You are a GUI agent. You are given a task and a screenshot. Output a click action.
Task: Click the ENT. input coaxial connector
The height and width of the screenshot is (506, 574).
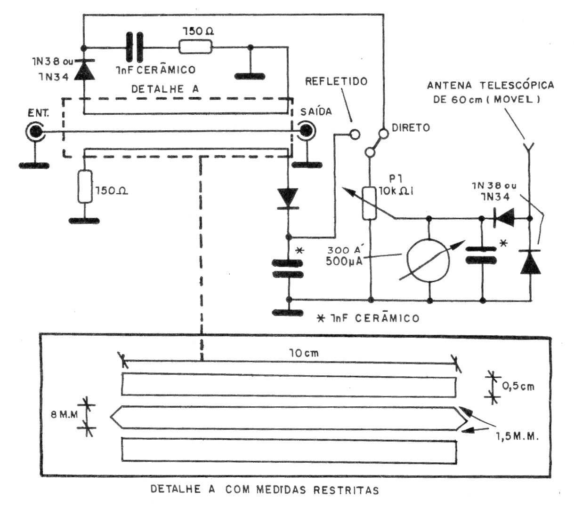click(x=35, y=132)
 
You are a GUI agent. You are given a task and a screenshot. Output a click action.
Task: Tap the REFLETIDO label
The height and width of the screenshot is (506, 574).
click(x=336, y=81)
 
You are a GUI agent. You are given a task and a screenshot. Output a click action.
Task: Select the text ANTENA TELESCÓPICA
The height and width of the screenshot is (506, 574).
click(x=490, y=86)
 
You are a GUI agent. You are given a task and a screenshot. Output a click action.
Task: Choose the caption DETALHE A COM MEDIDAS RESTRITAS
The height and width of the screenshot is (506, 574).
click(x=265, y=490)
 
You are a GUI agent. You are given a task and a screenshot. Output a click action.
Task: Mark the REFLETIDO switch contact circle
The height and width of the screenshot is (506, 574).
click(x=355, y=134)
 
